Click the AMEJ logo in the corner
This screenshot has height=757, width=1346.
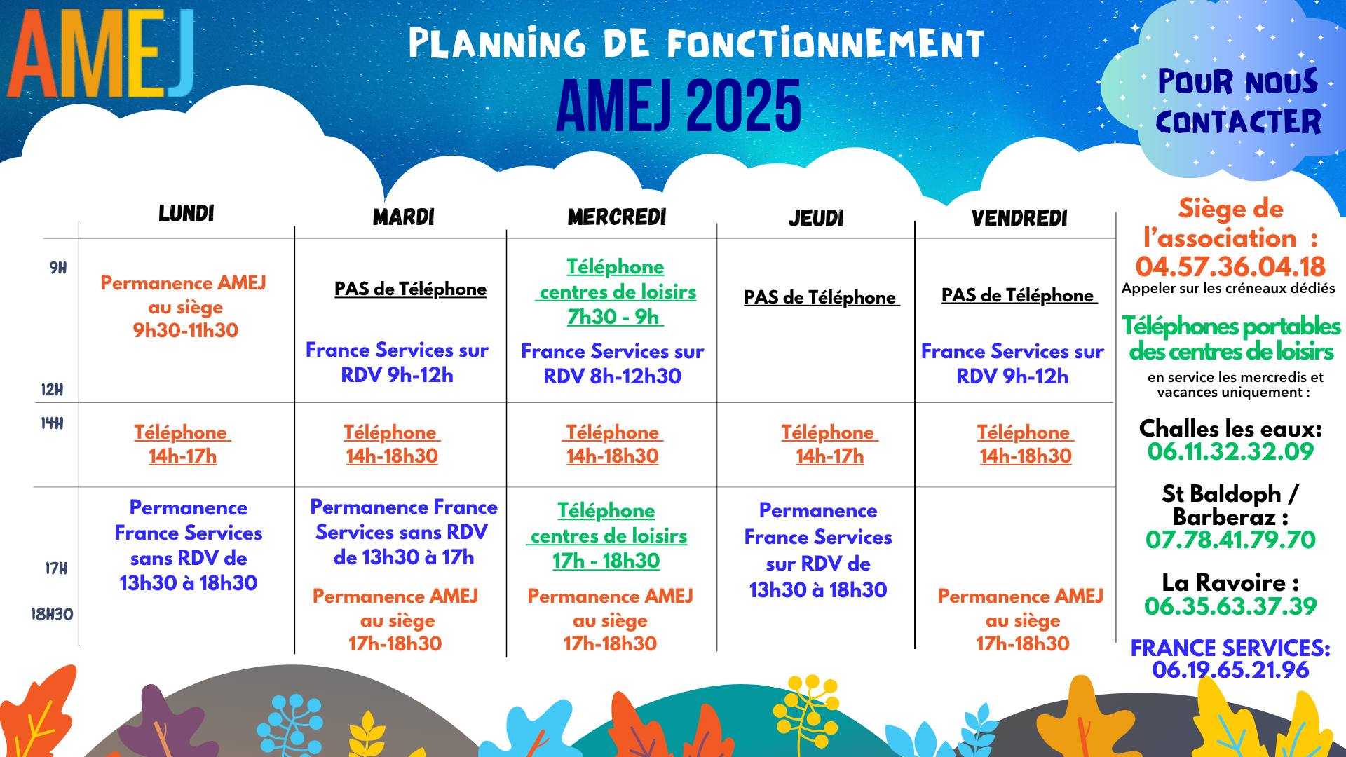pos(100,54)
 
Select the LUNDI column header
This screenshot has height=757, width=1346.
pos(186,214)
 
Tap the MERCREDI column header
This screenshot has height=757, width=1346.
pos(617,217)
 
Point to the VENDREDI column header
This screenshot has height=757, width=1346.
pos(1019,219)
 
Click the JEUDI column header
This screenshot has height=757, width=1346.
pos(816,219)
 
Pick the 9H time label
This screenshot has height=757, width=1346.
pos(58,268)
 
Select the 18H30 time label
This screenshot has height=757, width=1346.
pos(52,615)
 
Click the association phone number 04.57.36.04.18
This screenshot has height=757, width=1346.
pos(1230,266)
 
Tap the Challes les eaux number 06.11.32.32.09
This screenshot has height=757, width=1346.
pos(1230,451)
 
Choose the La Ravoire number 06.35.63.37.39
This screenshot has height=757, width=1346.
pos(1230,606)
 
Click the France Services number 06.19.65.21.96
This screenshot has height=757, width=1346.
pos(1230,670)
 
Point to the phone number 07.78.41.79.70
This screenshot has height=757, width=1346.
pos(1230,540)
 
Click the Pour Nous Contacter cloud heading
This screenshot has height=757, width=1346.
pos(1238,102)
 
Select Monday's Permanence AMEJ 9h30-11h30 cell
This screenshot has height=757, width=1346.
pos(184,306)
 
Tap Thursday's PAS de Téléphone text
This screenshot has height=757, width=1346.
pos(821,297)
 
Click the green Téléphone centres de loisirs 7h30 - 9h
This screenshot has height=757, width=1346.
pos(616,292)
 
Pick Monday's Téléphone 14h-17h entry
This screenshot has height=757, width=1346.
pos(182,444)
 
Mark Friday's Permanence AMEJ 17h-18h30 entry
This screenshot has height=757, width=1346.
pos(1021,620)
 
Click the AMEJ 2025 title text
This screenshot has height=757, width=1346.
pos(679,105)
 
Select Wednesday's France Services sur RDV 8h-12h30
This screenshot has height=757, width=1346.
pos(613,364)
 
